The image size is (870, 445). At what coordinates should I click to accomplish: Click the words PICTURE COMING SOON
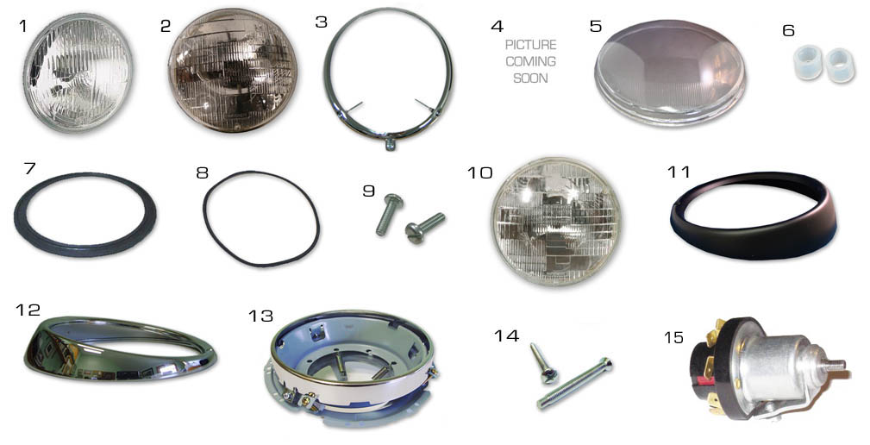click(530, 61)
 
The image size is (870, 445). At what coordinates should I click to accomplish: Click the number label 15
click(673, 337)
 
